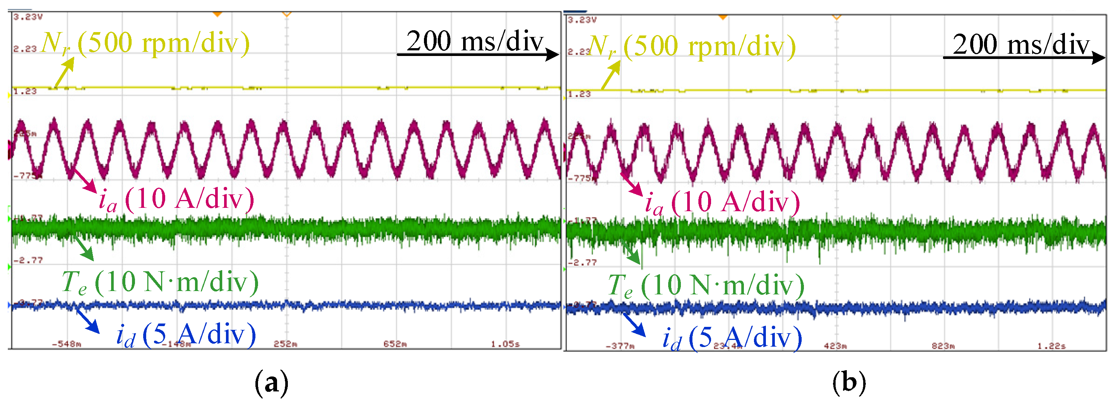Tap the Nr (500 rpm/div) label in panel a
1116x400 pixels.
tap(145, 43)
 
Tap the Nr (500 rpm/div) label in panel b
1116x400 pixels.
tap(692, 46)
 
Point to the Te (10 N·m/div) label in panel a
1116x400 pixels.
tap(160, 282)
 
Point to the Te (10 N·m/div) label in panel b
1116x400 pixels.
tap(706, 285)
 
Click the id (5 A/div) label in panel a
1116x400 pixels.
tap(186, 335)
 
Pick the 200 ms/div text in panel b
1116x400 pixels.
tap(1021, 45)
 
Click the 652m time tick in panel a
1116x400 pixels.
tap(394, 344)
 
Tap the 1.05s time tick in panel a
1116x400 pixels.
tap(505, 344)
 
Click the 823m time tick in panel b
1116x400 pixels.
tap(943, 346)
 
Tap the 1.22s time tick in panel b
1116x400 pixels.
tap(1051, 346)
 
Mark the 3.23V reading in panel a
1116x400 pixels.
tap(28, 17)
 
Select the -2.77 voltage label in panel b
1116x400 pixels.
tap(582, 263)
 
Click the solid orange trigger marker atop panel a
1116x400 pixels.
tap(217, 14)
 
